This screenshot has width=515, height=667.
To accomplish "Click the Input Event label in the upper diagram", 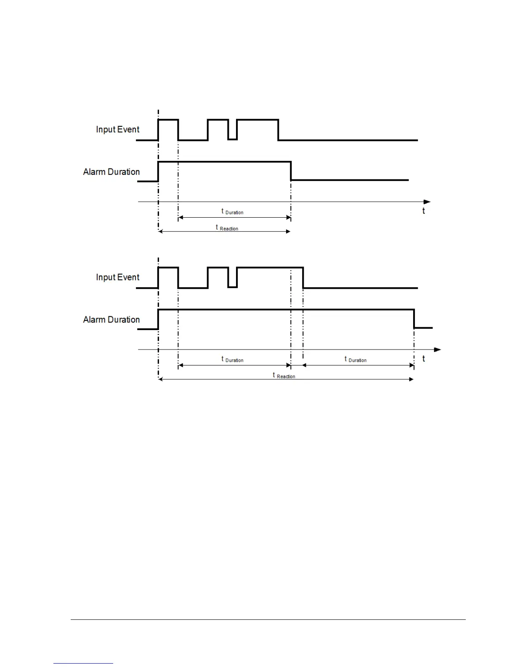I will (117, 129).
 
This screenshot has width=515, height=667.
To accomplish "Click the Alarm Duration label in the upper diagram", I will (111, 172).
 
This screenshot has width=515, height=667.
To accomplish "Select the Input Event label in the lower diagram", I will (117, 277).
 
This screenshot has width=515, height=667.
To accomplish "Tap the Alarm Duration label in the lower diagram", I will (111, 320).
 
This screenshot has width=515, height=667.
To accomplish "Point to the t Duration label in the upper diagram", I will (232, 211).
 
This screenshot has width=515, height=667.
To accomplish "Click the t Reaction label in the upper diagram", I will (227, 228).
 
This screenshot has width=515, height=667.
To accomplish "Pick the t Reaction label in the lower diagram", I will (284, 376).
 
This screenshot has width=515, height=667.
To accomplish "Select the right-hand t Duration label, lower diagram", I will (355, 359).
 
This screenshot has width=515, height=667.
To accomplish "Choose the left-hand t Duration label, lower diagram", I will (232, 359).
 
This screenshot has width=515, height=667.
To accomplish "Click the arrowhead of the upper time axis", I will (427, 202).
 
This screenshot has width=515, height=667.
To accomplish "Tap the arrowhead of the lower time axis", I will (437, 350).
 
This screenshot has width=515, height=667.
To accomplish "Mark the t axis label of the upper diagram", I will (423, 211).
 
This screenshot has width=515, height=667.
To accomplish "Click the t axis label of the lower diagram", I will (423, 359).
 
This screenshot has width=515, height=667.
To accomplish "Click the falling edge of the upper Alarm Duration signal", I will (291, 171).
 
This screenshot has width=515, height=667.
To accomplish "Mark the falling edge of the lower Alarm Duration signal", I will (414, 319).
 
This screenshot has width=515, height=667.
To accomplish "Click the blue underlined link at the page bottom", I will (83, 663).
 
